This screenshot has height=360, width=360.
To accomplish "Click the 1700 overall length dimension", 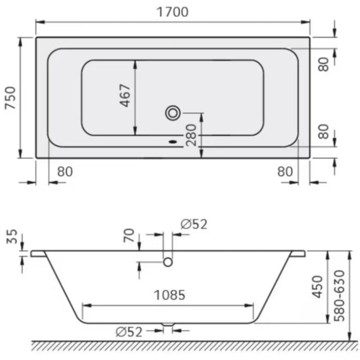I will pos(173,12).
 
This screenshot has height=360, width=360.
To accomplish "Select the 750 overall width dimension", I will pos(10,98).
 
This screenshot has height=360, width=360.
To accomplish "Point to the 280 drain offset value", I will pos(191,135).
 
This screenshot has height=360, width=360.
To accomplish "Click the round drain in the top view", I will pos(172,112).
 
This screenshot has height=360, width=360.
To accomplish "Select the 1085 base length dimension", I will pos(169,295).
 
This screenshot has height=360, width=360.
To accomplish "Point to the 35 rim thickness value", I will pos(12,237).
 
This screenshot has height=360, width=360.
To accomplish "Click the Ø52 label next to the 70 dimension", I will pos(194,224).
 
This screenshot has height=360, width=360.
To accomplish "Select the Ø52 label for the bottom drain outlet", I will pos(129,332).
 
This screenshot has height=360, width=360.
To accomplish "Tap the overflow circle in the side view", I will pos(168,261).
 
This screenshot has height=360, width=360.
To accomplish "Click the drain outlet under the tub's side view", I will pos(168,324).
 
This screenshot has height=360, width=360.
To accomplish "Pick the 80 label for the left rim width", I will pos(65,171).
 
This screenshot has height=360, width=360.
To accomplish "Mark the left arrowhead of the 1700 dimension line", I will pos(39,21).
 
